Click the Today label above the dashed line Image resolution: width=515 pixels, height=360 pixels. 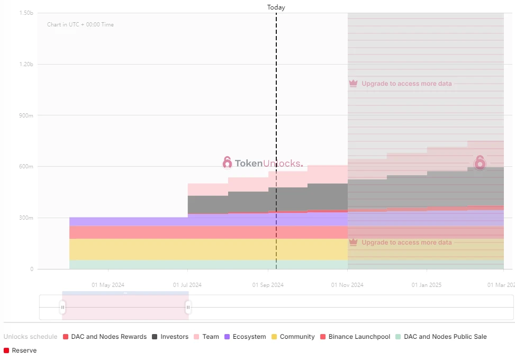276,7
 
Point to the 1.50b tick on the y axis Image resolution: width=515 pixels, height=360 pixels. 26,13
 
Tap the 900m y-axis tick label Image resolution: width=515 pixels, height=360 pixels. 26,115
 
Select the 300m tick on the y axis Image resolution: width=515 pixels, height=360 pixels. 26,218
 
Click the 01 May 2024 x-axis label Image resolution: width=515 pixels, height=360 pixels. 108,285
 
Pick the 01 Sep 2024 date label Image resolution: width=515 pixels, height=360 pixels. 268,285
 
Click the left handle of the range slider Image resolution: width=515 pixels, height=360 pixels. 62,307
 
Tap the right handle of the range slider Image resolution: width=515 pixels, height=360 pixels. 188,307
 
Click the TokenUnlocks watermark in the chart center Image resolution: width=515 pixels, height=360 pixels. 263,163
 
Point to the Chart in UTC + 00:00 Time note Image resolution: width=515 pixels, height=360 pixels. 80,24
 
